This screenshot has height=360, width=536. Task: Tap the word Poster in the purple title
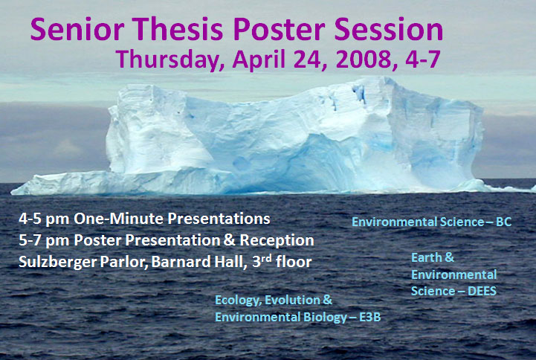tap(280, 29)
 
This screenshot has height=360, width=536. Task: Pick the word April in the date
tap(259, 60)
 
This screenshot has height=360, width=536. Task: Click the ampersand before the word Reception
tap(230, 240)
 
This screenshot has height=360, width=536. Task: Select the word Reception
tap(277, 241)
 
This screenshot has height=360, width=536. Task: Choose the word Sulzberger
tap(58, 263)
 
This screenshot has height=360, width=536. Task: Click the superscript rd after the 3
tap(267, 258)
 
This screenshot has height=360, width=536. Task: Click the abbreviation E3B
tap(370, 318)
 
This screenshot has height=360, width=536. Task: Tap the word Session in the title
tap(389, 29)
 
